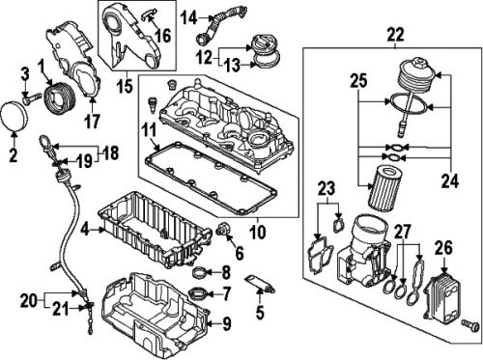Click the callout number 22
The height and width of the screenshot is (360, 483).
[395, 35]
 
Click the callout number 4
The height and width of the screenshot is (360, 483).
[86, 230]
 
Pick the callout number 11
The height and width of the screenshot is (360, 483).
[148, 127]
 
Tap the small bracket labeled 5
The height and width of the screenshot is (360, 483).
[256, 283]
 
